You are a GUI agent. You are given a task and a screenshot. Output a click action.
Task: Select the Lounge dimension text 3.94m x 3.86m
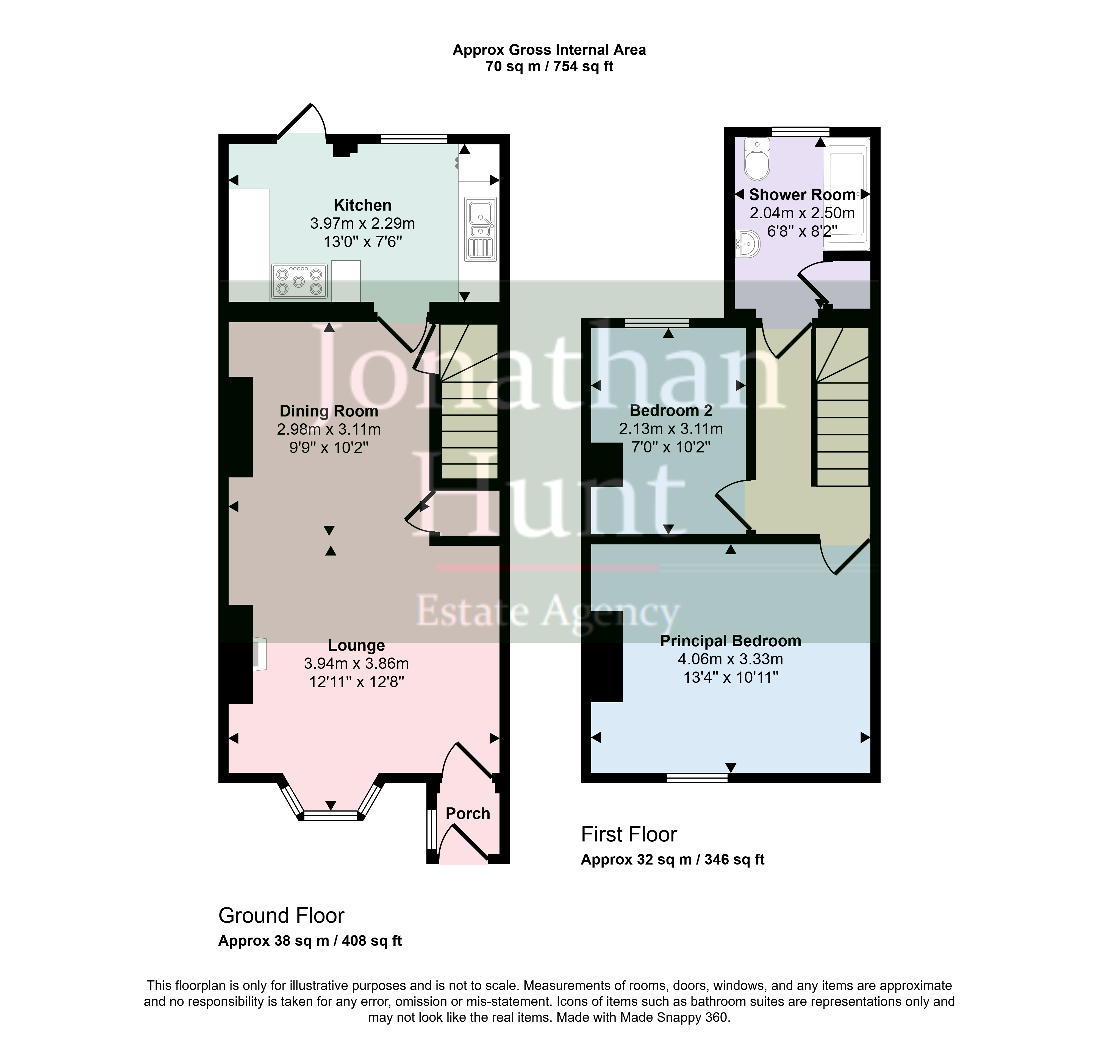[356, 664]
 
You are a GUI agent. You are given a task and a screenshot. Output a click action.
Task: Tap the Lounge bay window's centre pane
[331, 816]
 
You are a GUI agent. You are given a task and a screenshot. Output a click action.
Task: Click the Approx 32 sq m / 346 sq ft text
[672, 859]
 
